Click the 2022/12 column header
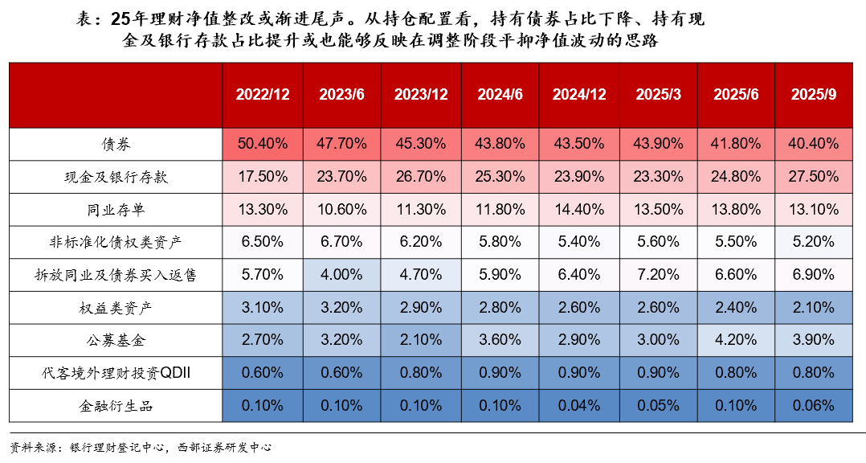[x=263, y=94]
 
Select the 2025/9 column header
[x=814, y=94]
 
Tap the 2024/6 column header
[x=500, y=94]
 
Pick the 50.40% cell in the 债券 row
[x=263, y=144]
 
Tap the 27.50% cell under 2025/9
[x=814, y=177]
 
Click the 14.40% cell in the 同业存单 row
[x=579, y=210]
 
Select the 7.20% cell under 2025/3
[x=658, y=275]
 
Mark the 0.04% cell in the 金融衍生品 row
[x=579, y=406]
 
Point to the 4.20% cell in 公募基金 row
[x=736, y=340]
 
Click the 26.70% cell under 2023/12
[x=421, y=177]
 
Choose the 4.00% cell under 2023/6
[x=342, y=275]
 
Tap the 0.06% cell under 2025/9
[x=814, y=406]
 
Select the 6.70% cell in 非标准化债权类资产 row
[x=342, y=242]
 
